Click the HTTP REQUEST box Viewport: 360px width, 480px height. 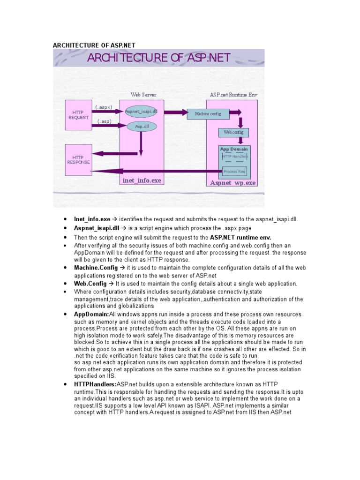coord(78,115)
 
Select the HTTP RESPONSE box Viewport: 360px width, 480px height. coord(78,160)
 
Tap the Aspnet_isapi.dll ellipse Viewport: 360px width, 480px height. coord(141,112)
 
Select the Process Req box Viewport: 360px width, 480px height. coord(234,172)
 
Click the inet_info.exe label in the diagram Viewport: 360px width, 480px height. coord(142,180)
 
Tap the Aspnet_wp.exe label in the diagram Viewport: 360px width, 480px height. coord(232,183)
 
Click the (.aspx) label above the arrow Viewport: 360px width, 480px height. coord(104,107)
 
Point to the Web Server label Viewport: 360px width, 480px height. coord(143,95)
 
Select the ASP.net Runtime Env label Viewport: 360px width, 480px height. coord(233,95)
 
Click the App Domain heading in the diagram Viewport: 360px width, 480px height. coord(234,149)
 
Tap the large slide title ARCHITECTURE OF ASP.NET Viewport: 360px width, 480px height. coord(158,58)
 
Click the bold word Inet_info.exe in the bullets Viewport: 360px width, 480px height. coord(92,219)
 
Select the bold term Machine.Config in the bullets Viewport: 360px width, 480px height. coord(96,267)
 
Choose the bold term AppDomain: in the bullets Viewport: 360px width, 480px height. coord(91,314)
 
